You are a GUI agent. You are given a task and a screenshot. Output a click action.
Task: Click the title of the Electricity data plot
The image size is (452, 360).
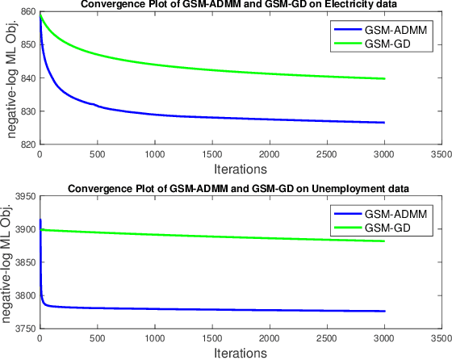click(x=238, y=5)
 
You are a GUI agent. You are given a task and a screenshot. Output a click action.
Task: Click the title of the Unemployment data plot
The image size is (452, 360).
click(x=238, y=188)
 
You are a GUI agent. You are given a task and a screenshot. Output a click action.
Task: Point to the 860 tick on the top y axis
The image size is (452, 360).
click(x=26, y=12)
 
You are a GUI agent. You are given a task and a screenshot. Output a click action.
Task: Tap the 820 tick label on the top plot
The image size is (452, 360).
click(x=26, y=145)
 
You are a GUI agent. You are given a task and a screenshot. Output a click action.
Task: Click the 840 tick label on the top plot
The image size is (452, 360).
click(x=26, y=78)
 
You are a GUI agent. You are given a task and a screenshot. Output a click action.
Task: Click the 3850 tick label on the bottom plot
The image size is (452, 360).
click(x=23, y=262)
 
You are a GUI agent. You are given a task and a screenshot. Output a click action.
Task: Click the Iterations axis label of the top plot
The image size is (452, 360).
click(x=241, y=170)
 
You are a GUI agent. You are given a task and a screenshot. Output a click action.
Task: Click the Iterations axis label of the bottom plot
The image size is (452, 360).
click(x=241, y=354)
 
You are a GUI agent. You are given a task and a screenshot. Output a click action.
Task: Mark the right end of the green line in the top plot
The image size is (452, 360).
click(x=385, y=78)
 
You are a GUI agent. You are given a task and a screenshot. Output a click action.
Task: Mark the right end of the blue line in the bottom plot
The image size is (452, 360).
click(x=385, y=311)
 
